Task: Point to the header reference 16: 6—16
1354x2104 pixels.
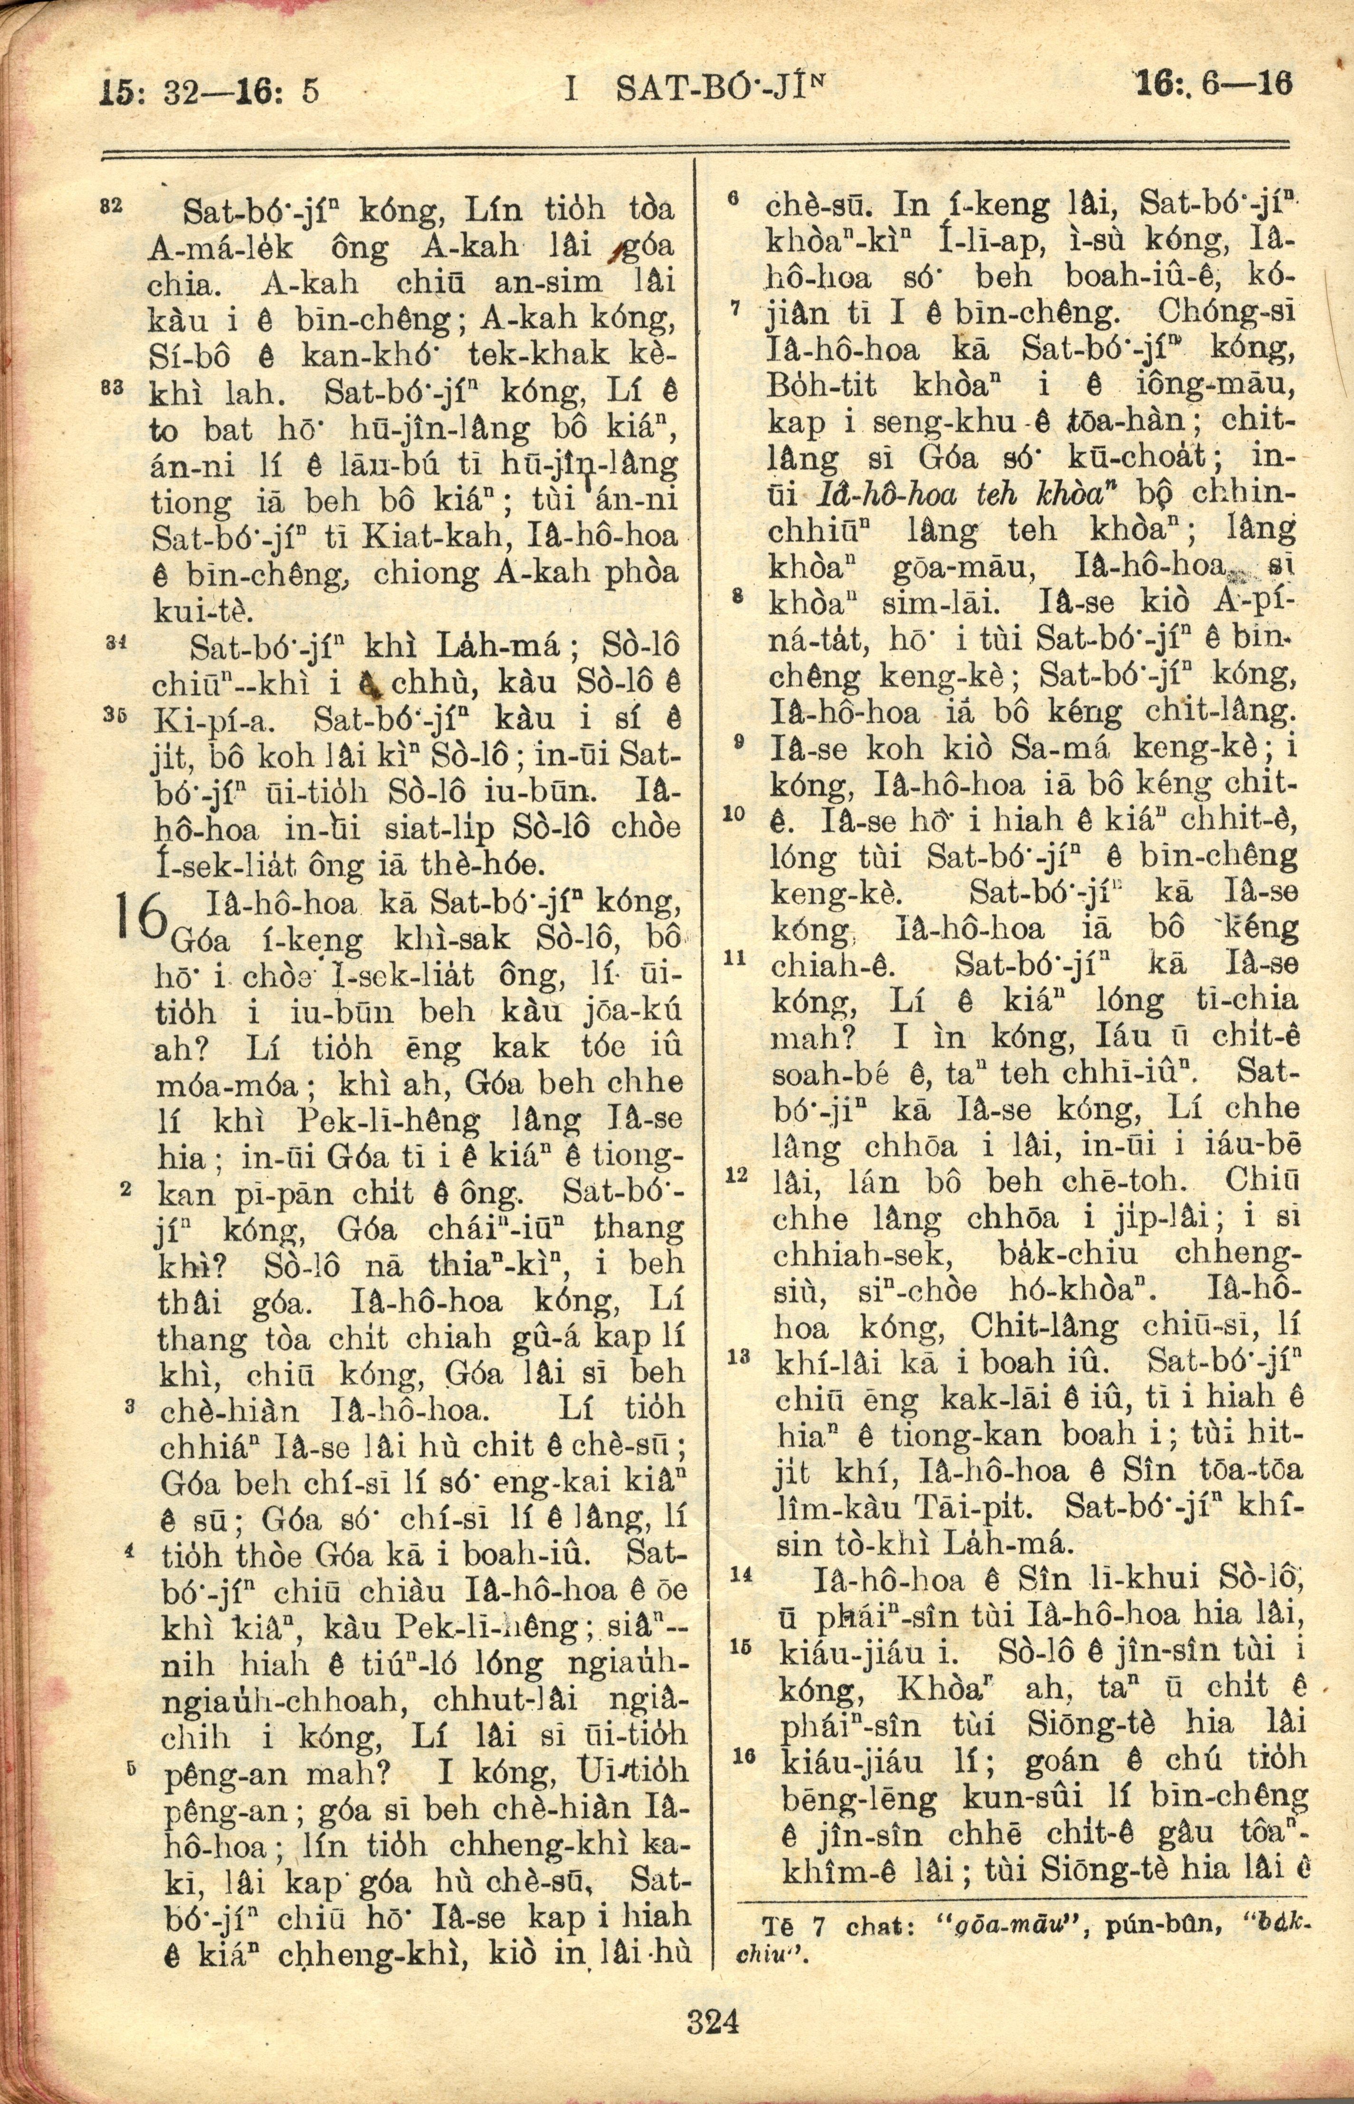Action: tap(1213, 85)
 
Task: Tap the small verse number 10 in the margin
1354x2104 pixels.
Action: tap(733, 814)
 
